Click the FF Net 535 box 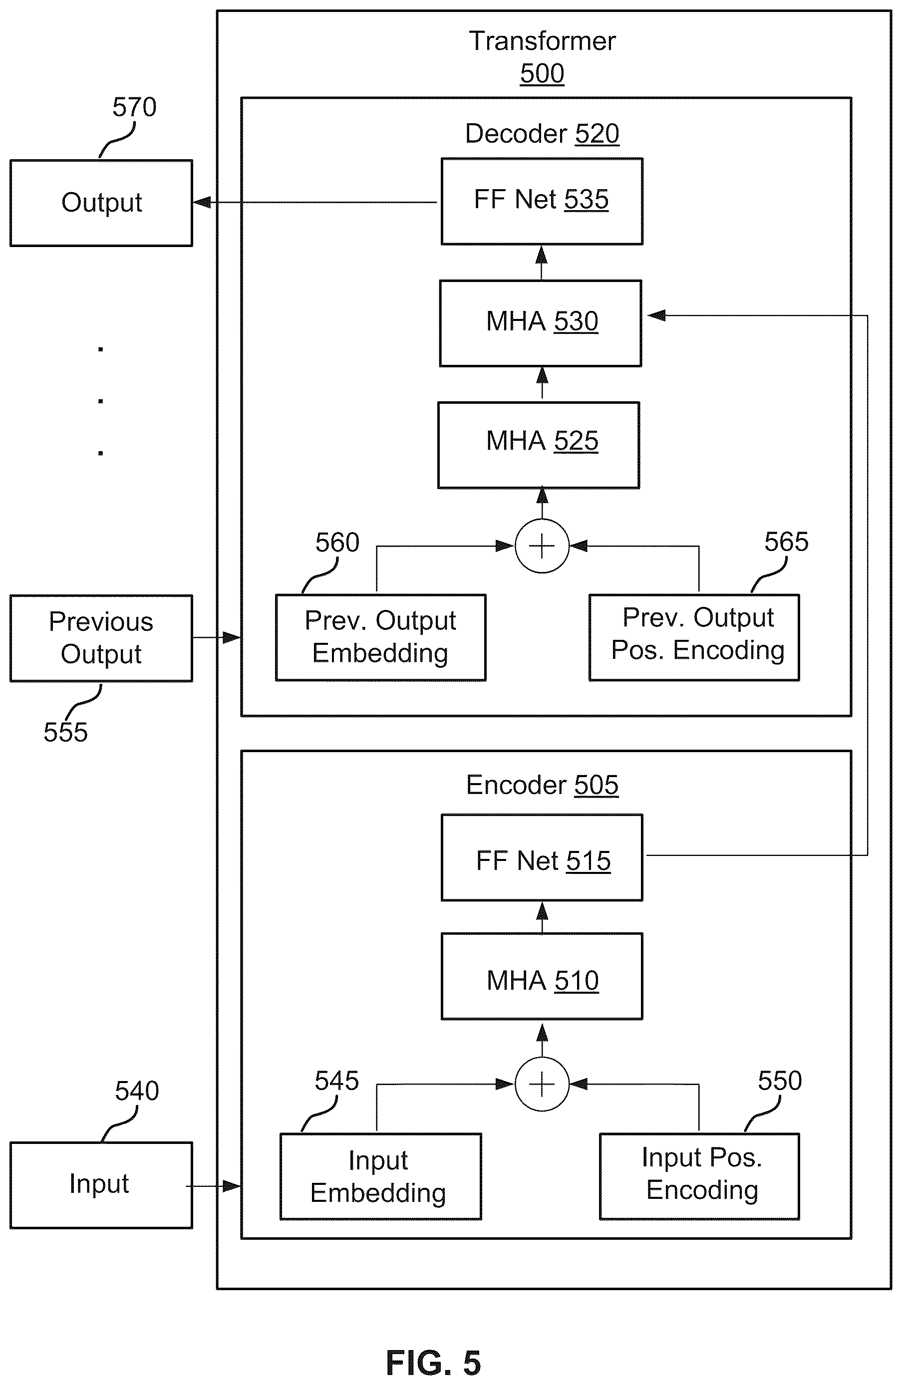point(542,201)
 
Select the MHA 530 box point(541,323)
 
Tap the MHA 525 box point(539,445)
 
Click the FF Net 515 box point(542,858)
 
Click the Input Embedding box point(380,1176)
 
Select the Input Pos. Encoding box point(699,1176)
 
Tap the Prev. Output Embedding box point(380,637)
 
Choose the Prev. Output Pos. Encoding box point(694,637)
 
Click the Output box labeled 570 point(101,203)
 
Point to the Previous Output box point(101,638)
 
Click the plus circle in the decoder point(542,546)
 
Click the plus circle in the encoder point(542,1084)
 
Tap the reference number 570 point(134,107)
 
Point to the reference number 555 point(66,732)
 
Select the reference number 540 point(137,1091)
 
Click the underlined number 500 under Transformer point(542,74)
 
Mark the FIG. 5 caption point(434,1363)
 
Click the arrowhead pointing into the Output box point(202,203)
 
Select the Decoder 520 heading point(542,134)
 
